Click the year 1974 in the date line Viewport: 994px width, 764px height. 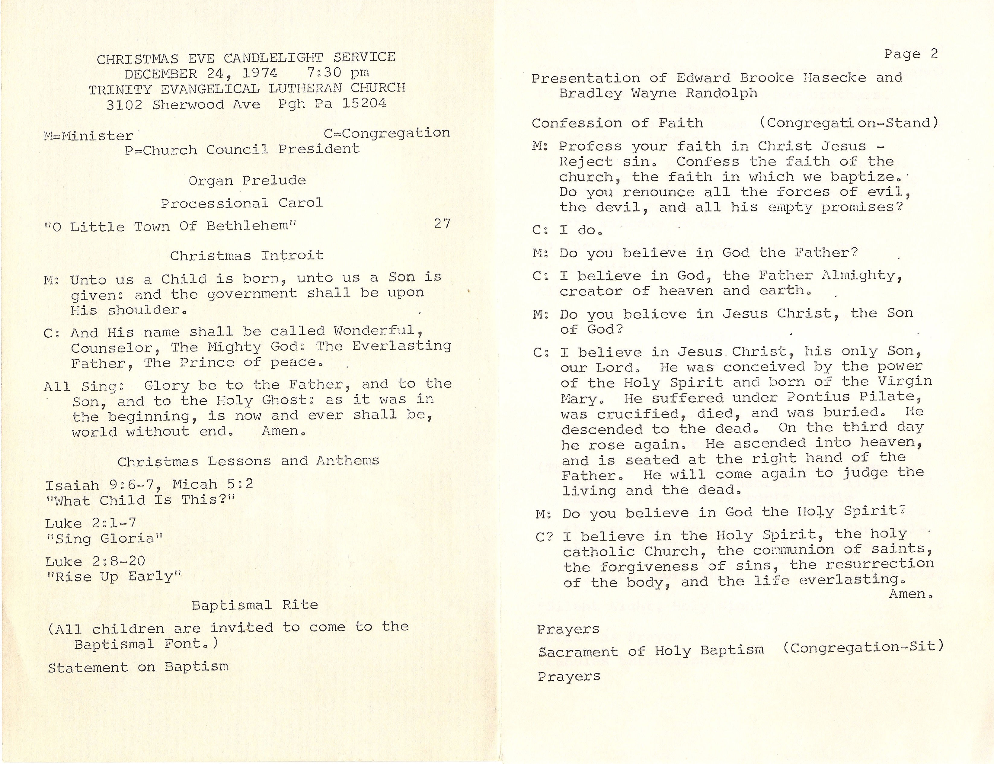[260, 73]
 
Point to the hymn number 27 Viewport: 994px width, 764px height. [442, 224]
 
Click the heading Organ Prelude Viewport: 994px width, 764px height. [247, 181]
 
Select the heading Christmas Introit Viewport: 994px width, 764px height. [247, 255]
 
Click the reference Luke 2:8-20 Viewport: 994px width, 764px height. [95, 562]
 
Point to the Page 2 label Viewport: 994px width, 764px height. [910, 54]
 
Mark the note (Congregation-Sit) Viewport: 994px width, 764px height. [863, 647]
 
